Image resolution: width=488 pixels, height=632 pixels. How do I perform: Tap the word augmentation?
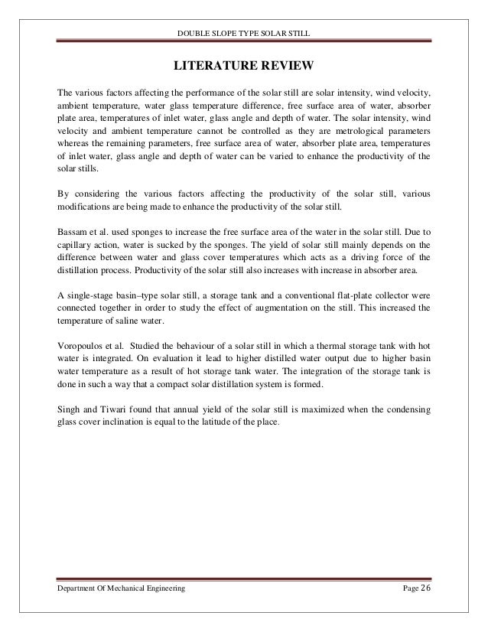pyautogui.click(x=289, y=311)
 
